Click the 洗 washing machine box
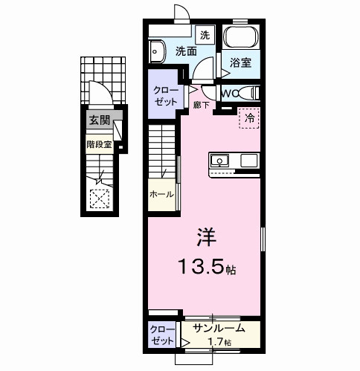coord(205,34)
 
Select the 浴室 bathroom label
coord(240,63)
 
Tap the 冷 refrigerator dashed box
coord(249,118)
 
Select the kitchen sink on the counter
coord(221,160)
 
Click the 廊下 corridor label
coord(200,106)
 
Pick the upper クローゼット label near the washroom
coord(165,94)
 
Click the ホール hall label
coord(161,194)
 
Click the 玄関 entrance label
coord(98,120)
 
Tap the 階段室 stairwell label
coord(98,145)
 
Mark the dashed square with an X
coord(99,198)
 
